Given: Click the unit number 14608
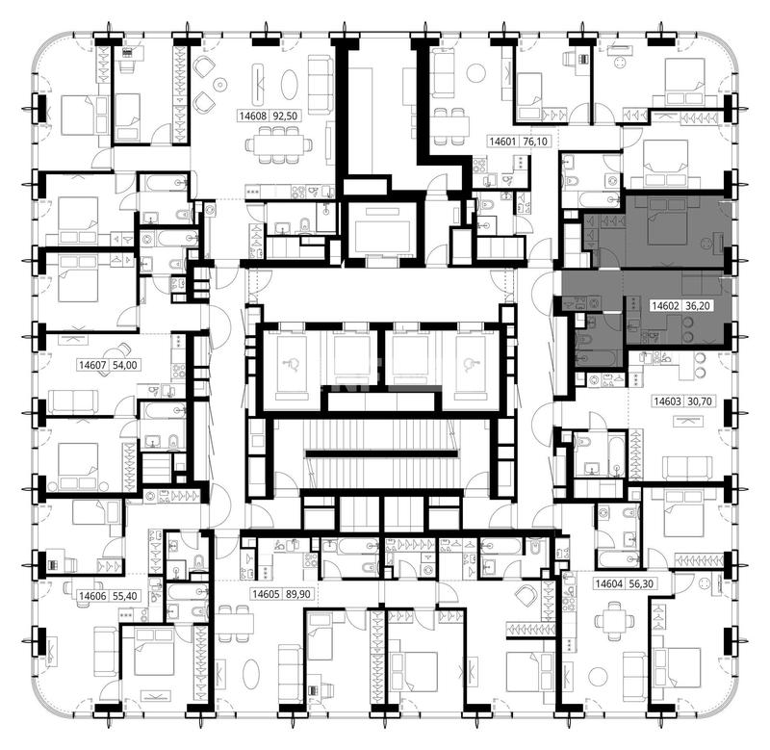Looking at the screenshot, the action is (x=253, y=116).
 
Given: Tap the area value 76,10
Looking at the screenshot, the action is (x=535, y=142).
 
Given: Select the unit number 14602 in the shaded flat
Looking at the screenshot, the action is (x=665, y=305).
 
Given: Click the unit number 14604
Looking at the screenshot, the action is (x=608, y=583).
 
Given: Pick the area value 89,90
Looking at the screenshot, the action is (x=297, y=594).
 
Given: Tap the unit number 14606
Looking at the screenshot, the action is (x=92, y=596).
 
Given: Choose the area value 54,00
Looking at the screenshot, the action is (x=125, y=365).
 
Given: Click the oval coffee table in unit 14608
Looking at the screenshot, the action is (x=290, y=86).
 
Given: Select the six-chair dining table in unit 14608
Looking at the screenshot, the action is (x=279, y=144).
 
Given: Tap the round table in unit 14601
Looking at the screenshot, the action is (x=475, y=73).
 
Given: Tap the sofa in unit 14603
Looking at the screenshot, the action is (x=687, y=468).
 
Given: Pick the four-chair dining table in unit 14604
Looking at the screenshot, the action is (x=613, y=621).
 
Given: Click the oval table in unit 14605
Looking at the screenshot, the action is (x=251, y=674).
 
